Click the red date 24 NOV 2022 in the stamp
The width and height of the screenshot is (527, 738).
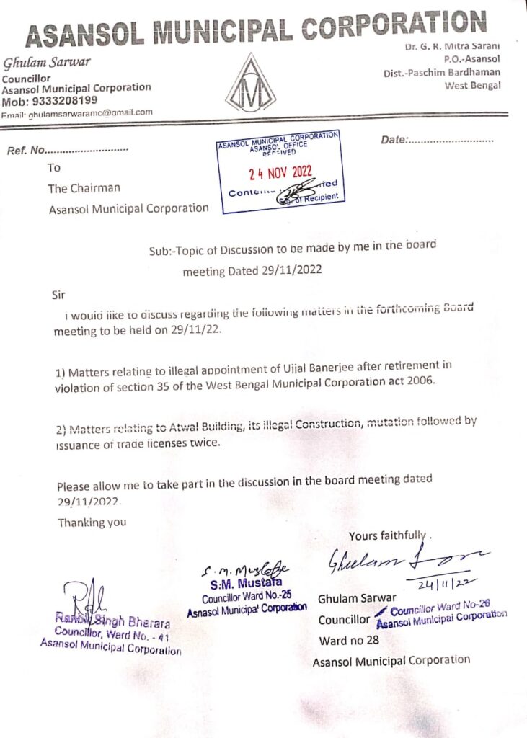pos(278,173)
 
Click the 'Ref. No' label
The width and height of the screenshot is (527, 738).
pos(26,151)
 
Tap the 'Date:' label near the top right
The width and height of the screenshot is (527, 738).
pos(394,139)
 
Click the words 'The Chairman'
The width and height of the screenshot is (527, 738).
pos(84,189)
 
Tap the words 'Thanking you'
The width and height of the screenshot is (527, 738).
pos(92,523)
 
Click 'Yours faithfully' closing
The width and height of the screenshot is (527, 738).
pos(387,535)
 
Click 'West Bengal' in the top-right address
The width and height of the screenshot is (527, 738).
pos(473,86)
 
